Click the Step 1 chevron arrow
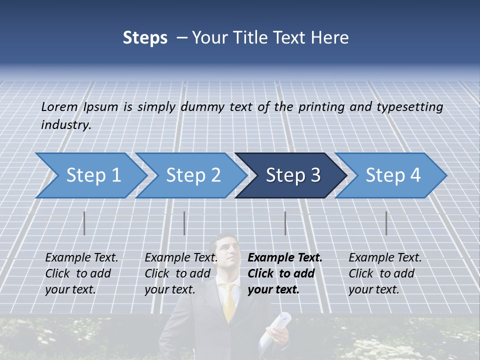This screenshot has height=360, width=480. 92,175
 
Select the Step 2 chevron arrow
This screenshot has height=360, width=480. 192,175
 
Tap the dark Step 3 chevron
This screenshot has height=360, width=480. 292,175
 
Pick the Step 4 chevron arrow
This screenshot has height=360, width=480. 392,175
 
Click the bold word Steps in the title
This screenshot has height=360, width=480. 145,38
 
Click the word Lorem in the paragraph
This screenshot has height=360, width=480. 59,106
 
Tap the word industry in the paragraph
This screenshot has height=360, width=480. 66,125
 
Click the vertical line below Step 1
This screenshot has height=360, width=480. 84,223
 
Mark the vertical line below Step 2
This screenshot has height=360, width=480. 184,223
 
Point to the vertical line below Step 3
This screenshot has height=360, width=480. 285,223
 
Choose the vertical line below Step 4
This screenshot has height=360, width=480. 386,223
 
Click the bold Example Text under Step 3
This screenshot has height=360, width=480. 285,258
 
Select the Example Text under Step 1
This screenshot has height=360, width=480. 81,258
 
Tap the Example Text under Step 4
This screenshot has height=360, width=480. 385,258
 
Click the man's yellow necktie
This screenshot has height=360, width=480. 229,302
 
